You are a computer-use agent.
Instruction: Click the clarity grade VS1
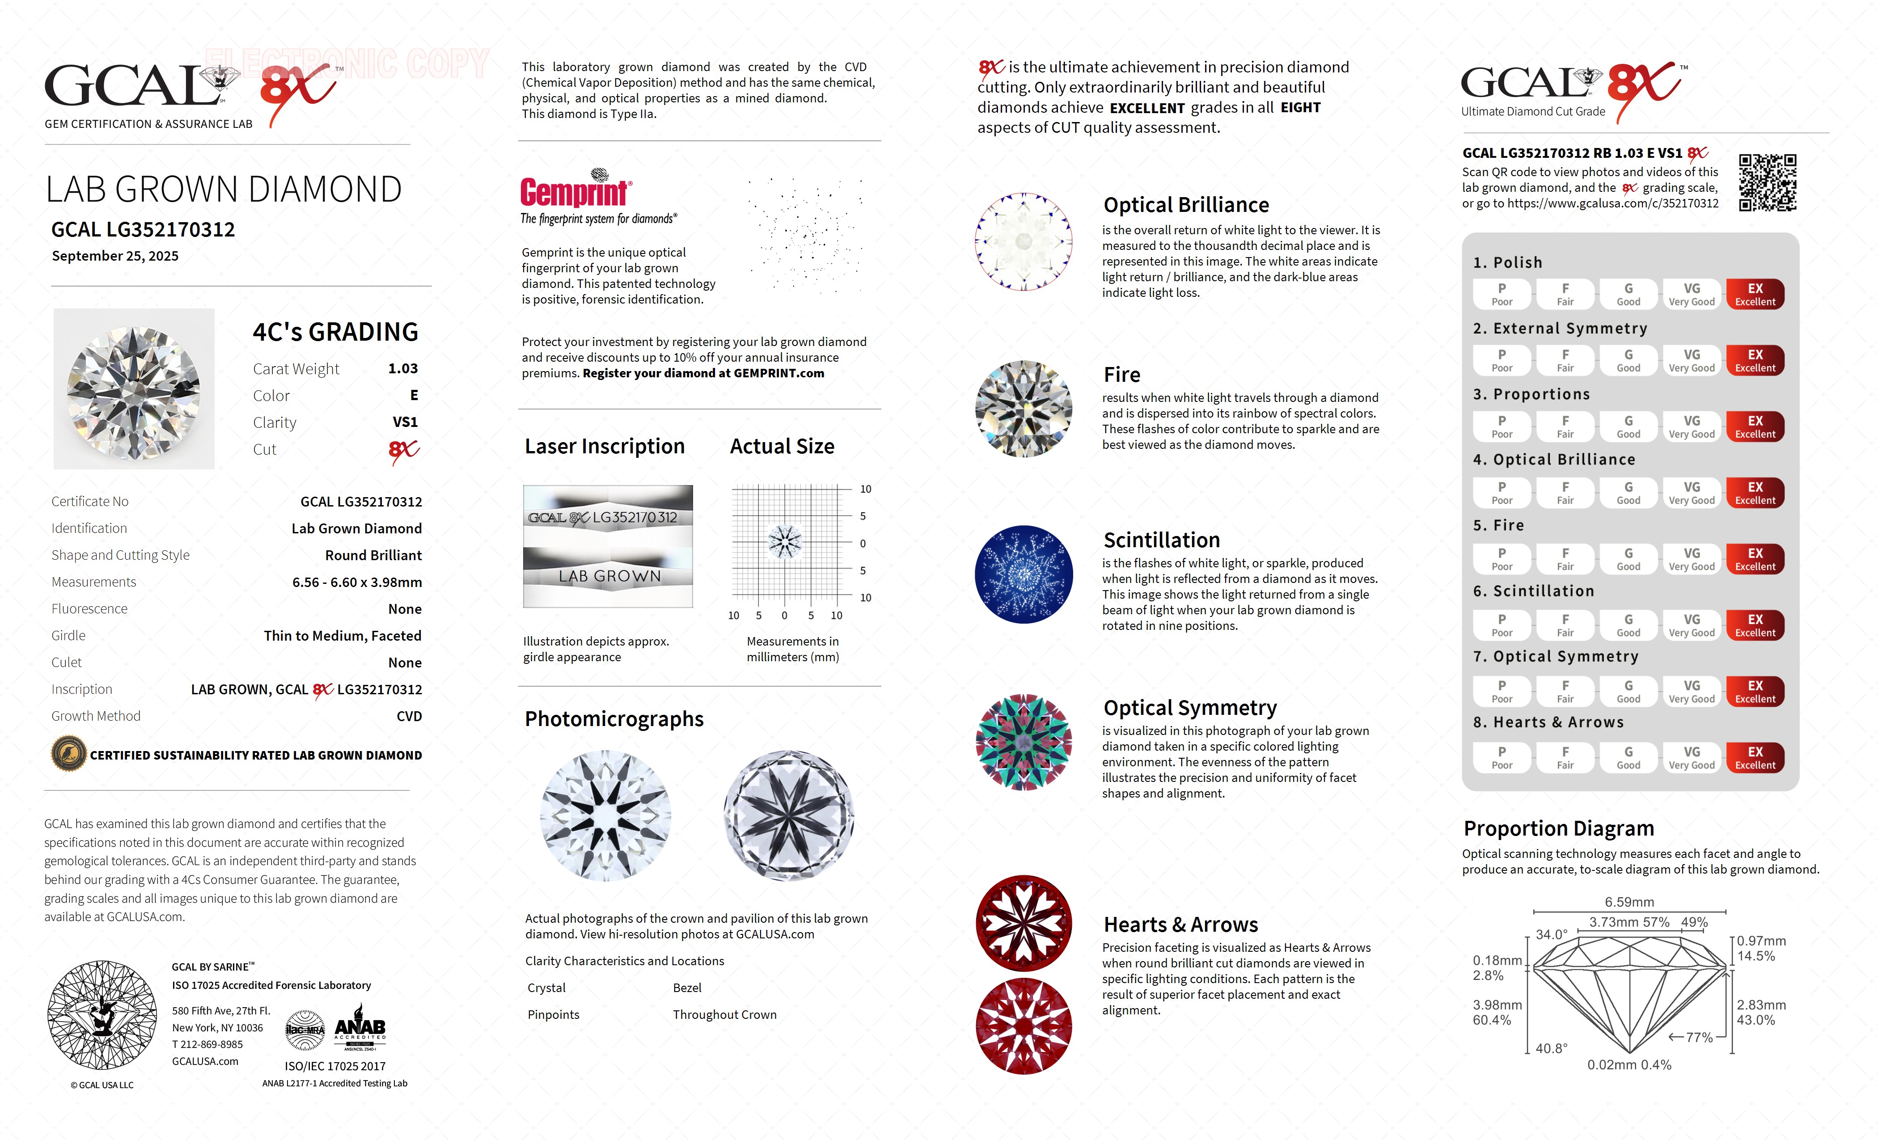(405, 422)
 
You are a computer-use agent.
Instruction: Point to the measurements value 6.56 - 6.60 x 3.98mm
(357, 582)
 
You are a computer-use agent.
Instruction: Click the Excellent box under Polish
(1755, 294)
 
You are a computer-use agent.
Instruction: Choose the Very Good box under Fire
(1691, 559)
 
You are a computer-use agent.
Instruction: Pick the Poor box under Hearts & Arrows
(1502, 757)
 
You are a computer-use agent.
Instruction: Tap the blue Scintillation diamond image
(1024, 574)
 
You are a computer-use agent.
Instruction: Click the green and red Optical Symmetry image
(1024, 742)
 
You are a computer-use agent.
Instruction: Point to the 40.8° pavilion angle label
(1551, 1048)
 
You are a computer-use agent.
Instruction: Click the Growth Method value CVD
(409, 716)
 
